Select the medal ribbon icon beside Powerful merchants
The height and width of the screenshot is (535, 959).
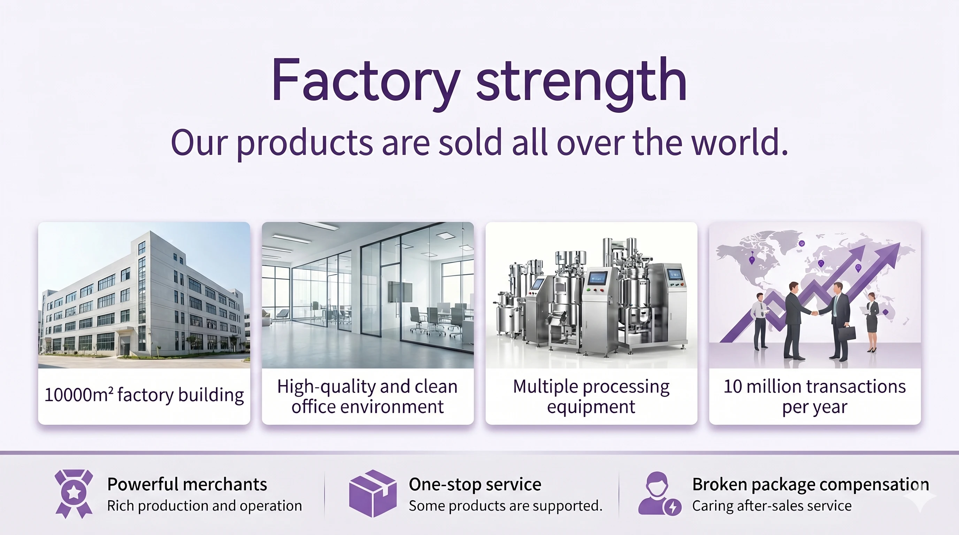pos(74,494)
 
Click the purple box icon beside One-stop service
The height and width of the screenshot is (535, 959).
pos(373,493)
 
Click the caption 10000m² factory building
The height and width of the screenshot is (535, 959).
pos(144,395)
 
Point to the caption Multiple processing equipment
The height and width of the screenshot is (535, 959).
pos(591,397)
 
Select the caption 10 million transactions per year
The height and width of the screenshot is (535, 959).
pos(814,397)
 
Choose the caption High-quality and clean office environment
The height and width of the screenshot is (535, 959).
pos(367,397)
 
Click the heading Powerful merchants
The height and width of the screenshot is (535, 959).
pos(187,484)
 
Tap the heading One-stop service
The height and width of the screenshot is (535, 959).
pos(475,484)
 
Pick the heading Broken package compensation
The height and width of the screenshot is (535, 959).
pos(811,485)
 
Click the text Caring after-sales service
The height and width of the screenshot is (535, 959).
pos(772,506)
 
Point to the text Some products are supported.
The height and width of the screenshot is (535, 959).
pos(506,506)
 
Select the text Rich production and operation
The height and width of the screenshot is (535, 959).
pos(205,506)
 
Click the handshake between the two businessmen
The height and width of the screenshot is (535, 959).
pos(814,313)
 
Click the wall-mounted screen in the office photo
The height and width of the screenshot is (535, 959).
pos(400,292)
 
